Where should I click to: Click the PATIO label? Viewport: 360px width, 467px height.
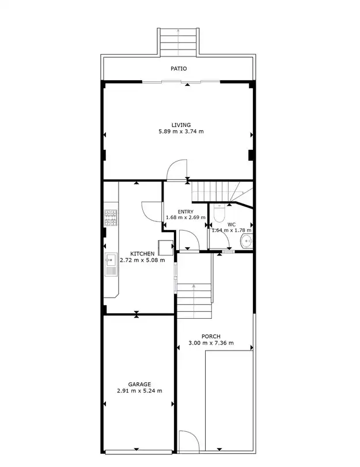click(x=179, y=69)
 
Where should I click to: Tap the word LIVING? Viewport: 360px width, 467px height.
click(x=181, y=125)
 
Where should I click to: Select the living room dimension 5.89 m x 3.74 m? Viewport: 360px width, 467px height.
click(x=181, y=131)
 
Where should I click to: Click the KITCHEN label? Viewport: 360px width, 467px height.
click(x=142, y=254)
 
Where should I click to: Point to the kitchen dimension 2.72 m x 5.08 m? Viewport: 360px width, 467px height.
click(x=142, y=260)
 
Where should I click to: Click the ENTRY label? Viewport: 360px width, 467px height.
click(x=185, y=212)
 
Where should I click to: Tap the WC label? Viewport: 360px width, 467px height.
click(x=231, y=225)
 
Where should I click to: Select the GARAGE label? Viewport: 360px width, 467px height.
click(x=139, y=384)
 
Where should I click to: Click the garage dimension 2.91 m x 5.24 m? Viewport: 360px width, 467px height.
click(x=139, y=391)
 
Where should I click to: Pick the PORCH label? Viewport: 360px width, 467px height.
click(x=211, y=337)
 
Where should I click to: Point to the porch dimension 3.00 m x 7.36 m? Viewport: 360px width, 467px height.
click(x=211, y=343)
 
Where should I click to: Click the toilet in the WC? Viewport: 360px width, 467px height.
click(x=219, y=213)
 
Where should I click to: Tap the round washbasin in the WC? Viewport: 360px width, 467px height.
click(x=247, y=241)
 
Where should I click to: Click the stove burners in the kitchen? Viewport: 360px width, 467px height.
click(x=111, y=217)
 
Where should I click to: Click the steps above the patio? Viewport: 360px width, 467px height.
click(x=178, y=42)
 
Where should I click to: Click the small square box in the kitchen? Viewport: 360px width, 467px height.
click(x=165, y=248)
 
